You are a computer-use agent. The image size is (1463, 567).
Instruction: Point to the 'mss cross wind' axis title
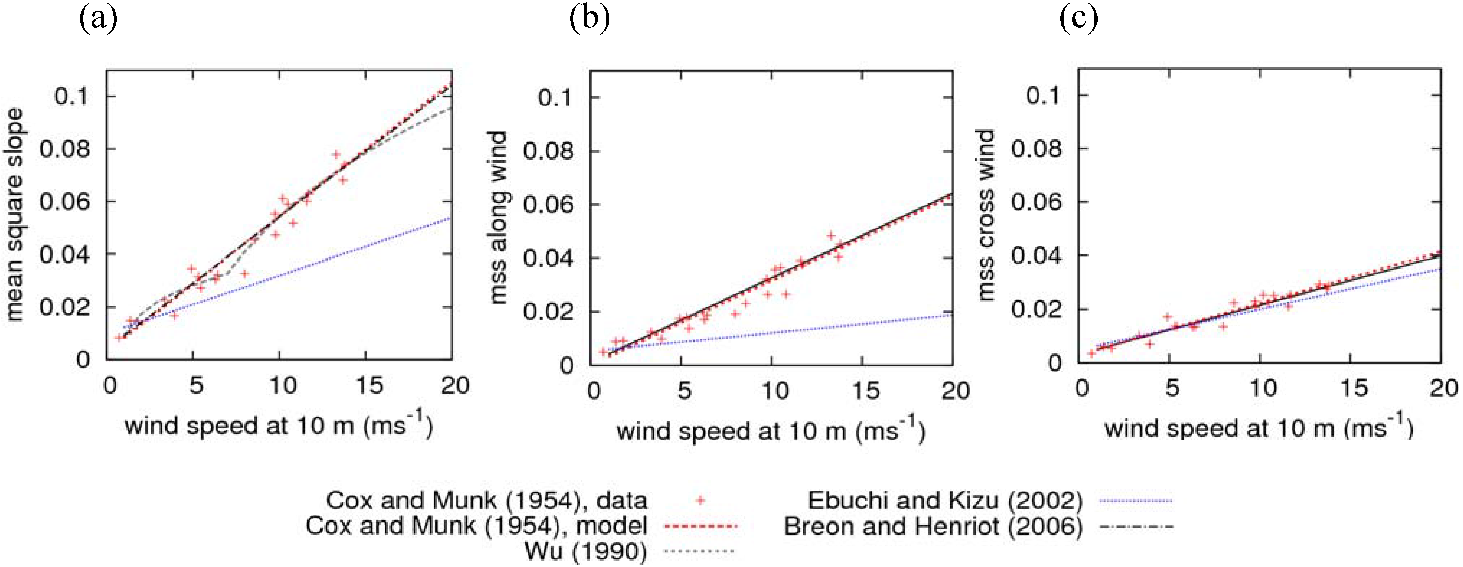click(x=987, y=215)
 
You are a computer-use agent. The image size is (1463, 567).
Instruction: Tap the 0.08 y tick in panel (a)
click(x=65, y=149)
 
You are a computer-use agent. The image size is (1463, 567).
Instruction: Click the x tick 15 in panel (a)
click(x=369, y=386)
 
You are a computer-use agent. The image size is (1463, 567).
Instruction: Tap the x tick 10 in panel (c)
click(x=1263, y=388)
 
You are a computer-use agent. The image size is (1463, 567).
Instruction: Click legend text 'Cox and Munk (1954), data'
click(x=486, y=501)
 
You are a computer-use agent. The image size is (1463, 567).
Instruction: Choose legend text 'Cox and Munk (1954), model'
click(x=476, y=526)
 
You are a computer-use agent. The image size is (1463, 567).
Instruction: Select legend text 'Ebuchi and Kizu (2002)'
click(x=945, y=501)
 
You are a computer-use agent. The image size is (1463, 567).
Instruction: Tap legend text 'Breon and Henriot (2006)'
click(x=933, y=527)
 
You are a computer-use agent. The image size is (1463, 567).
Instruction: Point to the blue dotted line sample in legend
click(x=1136, y=501)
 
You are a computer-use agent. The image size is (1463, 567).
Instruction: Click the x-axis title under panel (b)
click(x=771, y=431)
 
